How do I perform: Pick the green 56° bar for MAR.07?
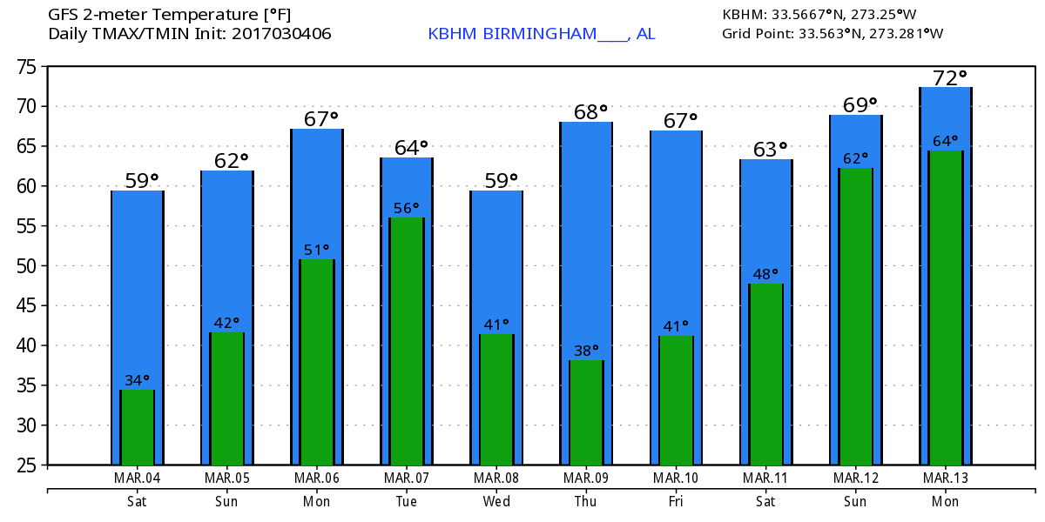(407, 340)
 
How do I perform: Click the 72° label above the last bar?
(946, 78)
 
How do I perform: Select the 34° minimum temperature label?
(138, 380)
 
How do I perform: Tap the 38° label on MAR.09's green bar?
(587, 351)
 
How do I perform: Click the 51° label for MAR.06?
(317, 251)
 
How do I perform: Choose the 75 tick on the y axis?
(29, 67)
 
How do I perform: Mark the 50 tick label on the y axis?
(29, 266)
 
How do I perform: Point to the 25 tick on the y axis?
(29, 465)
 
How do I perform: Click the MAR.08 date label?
(496, 478)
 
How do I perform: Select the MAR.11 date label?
(765, 478)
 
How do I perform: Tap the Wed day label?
(496, 502)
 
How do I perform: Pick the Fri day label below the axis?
(676, 502)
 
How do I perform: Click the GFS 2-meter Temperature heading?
(170, 14)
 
